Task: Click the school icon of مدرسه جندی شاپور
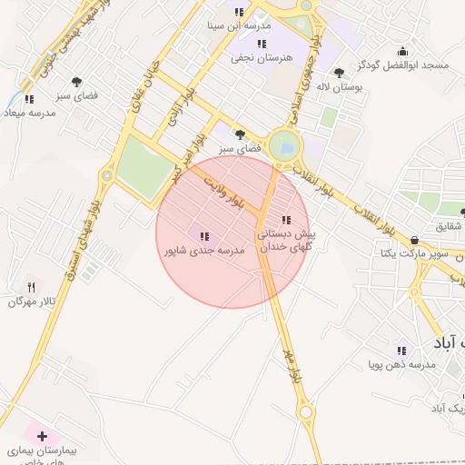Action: click(203, 236)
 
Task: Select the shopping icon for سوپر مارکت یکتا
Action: click(415, 240)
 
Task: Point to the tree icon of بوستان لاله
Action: click(339, 73)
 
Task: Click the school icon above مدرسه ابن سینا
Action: click(239, 13)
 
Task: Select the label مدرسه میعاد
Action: click(30, 113)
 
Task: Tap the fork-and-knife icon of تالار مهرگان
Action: click(31, 286)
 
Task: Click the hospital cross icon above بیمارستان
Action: click(42, 436)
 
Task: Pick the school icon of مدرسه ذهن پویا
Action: click(401, 351)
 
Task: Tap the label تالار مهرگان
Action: click(26, 301)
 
